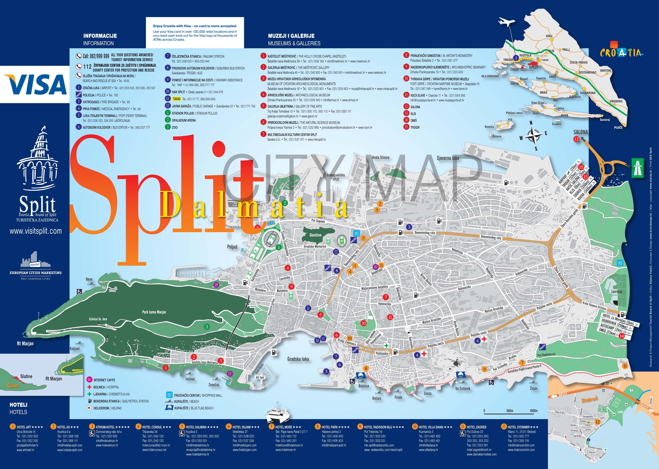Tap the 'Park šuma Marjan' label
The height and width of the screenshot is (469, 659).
[154, 312]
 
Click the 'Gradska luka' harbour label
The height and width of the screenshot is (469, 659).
[298, 359]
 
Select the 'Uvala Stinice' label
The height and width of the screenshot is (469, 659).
[381, 157]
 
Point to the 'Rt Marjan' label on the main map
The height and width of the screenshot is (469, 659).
[25, 344]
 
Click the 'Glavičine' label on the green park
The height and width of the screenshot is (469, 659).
[315, 235]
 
